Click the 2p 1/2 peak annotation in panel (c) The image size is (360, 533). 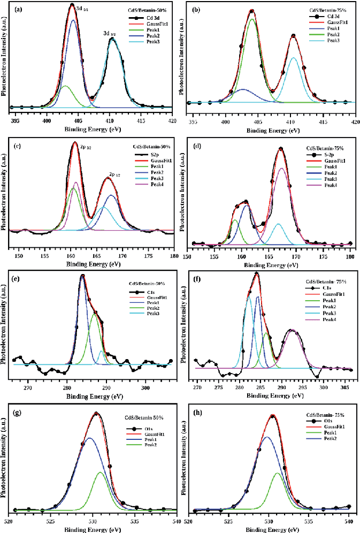[x=114, y=174]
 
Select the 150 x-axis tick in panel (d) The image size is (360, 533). [x=188, y=256]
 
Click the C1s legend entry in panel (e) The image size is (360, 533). [x=150, y=292]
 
